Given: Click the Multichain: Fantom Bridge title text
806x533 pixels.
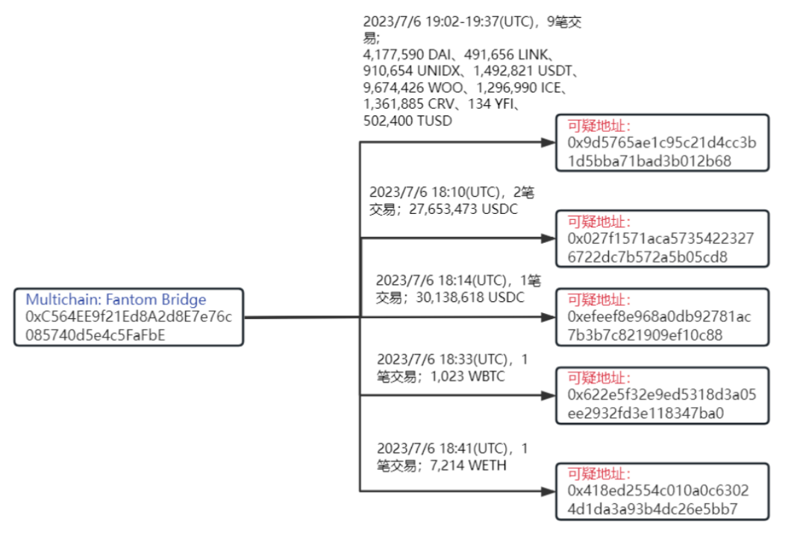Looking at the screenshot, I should click(x=116, y=300).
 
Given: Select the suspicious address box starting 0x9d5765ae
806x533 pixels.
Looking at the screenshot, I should click(x=662, y=142).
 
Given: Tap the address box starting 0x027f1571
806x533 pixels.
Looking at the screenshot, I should click(x=662, y=239).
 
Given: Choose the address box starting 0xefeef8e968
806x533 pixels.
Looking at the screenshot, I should click(x=662, y=317).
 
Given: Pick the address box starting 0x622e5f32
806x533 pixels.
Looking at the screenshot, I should click(x=662, y=396).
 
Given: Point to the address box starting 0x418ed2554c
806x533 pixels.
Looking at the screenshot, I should click(x=662, y=491).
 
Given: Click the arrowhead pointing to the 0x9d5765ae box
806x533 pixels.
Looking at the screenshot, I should click(x=547, y=142).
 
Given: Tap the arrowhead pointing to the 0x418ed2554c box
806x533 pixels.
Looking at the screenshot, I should click(x=547, y=491).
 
